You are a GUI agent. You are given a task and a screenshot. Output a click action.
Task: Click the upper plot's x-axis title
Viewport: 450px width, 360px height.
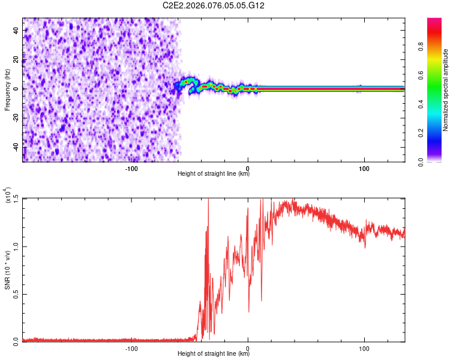point(214,174)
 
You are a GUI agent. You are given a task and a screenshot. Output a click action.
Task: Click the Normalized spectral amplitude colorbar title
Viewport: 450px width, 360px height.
point(446,90)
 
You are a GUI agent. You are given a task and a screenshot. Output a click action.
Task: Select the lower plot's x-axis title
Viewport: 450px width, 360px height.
point(214,354)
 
